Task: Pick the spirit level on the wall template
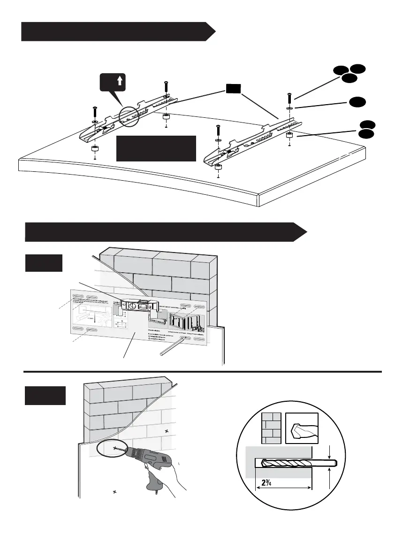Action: pyautogui.click(x=139, y=306)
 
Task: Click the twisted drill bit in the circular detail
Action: pyautogui.click(x=296, y=463)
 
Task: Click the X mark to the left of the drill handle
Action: pyautogui.click(x=114, y=492)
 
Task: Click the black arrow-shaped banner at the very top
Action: pyautogui.click(x=117, y=32)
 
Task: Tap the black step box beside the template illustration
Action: pyautogui.click(x=43, y=263)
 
